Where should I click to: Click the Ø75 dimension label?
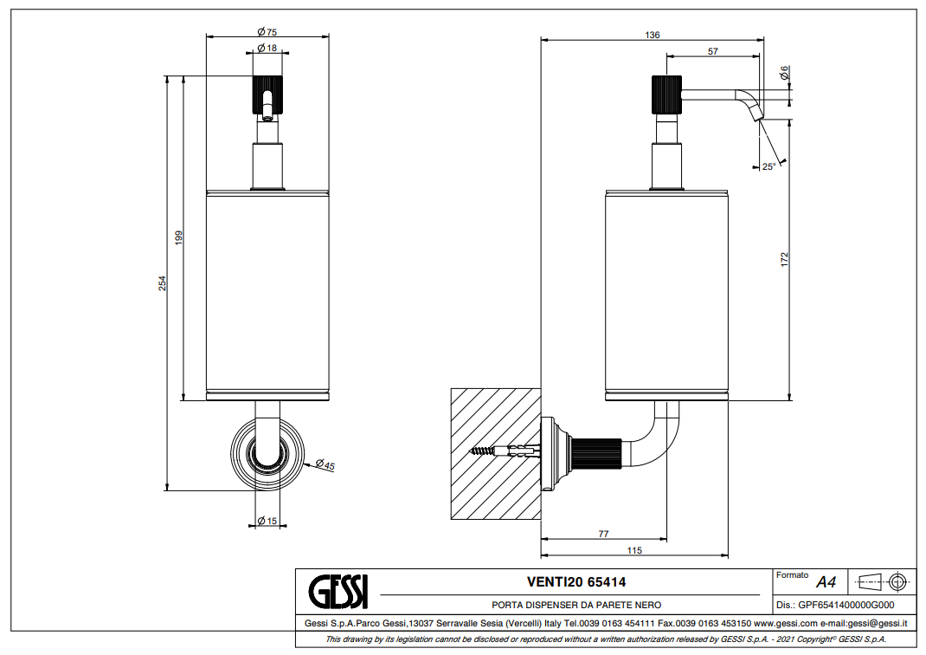coord(267,31)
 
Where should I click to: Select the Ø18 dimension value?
coord(267,48)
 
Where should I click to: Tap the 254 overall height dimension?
coord(162,283)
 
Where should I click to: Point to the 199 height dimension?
coord(177,238)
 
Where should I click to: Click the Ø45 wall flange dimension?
coord(325,466)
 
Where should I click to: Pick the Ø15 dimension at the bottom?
coord(267,521)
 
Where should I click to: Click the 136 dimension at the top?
coord(652,35)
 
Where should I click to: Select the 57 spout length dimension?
coord(712,51)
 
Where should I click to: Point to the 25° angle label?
coord(768,166)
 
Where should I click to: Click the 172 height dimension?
coord(784,258)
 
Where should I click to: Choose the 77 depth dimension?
coord(604,535)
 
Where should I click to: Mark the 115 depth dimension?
coord(633,550)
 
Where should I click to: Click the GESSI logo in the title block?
coord(338,592)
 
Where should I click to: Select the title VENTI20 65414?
coord(576,582)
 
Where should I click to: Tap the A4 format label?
coord(826,582)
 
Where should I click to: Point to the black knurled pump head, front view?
coord(267,95)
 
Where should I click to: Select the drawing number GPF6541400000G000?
coord(835,606)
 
